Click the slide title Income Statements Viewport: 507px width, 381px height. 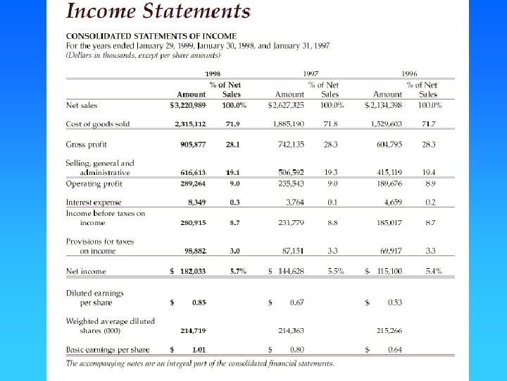[158, 12]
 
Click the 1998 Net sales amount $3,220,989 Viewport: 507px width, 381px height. [188, 105]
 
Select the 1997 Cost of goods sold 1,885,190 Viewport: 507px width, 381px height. [289, 124]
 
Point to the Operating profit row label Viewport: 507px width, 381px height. [94, 183]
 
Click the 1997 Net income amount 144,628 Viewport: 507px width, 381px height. [292, 271]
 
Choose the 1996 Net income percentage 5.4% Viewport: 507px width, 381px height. [434, 271]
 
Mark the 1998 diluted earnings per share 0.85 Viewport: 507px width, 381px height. [199, 303]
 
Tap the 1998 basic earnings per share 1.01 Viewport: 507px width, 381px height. [199, 349]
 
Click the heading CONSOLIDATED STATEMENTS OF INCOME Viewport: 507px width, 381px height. [151, 36]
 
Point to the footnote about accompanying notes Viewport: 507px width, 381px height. [201, 363]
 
